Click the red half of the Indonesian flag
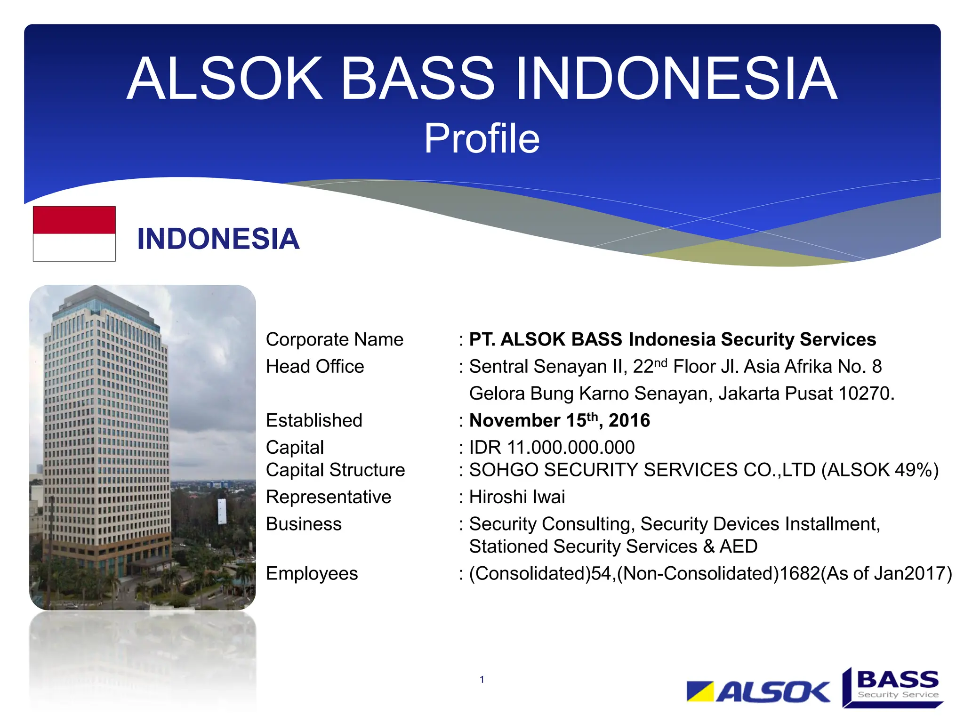(x=74, y=220)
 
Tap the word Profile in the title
(x=482, y=138)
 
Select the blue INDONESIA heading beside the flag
(x=218, y=239)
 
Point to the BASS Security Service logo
(x=893, y=687)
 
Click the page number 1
(x=482, y=679)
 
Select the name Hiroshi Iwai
(x=517, y=497)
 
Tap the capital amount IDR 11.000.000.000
(x=552, y=447)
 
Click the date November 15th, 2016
(x=559, y=420)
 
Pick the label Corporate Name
(x=334, y=339)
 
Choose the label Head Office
(x=314, y=367)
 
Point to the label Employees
(x=312, y=573)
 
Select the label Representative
(x=328, y=497)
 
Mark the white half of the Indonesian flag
(x=74, y=247)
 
